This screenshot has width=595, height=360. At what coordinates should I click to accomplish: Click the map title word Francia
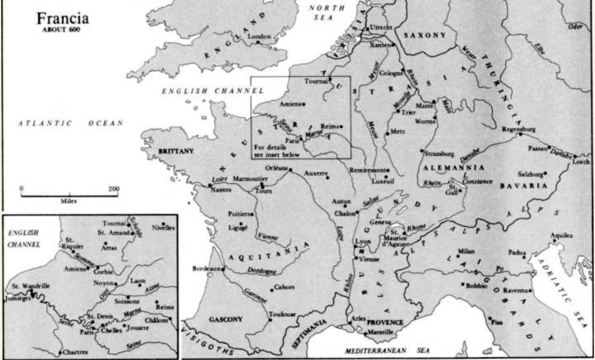[x=62, y=18]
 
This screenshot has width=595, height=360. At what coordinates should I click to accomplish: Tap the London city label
[x=259, y=36]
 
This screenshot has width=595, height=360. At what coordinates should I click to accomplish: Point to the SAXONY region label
[x=425, y=35]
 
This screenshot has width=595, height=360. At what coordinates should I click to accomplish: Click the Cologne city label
[x=390, y=73]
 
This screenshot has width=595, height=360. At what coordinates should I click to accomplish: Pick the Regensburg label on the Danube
[x=519, y=129]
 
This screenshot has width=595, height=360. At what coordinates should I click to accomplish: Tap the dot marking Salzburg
[x=545, y=173]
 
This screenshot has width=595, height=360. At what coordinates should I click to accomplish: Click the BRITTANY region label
[x=176, y=151]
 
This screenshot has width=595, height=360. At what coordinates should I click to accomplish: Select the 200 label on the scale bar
[x=114, y=189]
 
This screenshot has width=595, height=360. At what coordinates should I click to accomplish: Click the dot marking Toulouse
[x=270, y=320]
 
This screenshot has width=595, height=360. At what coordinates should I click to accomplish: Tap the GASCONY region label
[x=226, y=319]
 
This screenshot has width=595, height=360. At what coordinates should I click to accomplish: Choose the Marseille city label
[x=380, y=332]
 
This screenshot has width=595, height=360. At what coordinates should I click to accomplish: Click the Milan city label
[x=466, y=251]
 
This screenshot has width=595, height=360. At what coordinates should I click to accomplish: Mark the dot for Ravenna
[x=530, y=291]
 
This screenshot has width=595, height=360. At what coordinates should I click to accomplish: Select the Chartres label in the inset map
[x=75, y=352]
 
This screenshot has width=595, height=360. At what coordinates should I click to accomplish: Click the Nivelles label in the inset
[x=163, y=228]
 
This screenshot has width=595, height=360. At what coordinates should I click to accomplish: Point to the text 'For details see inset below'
[x=277, y=151]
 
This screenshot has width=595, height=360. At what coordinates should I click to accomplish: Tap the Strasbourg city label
[x=439, y=154]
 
